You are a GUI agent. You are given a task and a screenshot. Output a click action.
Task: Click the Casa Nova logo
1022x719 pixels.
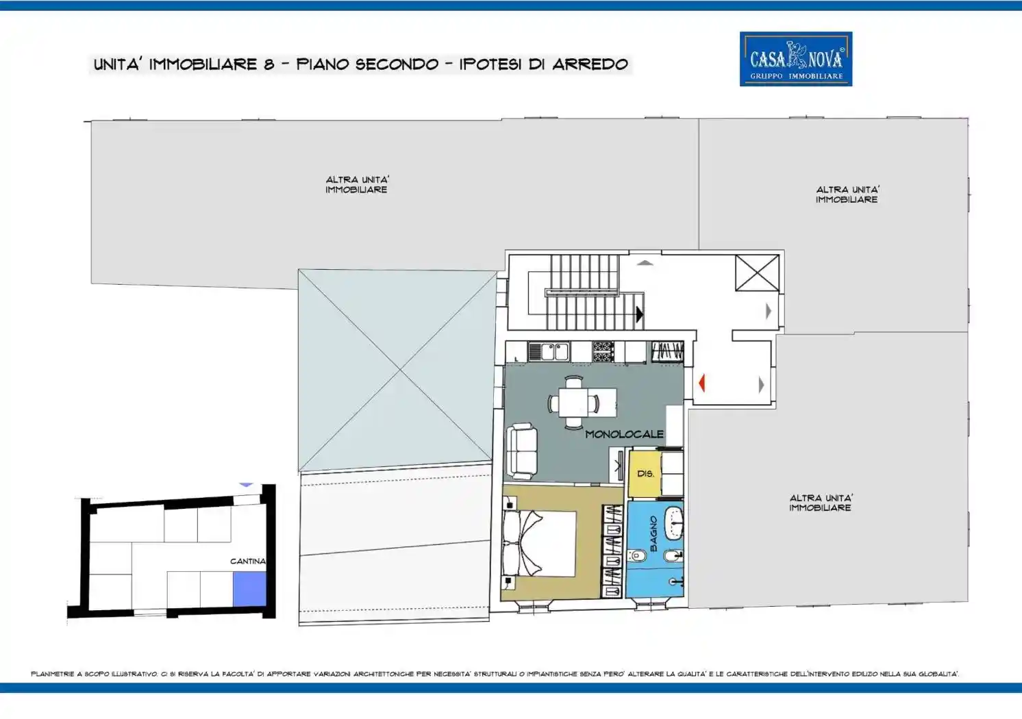click(x=795, y=59)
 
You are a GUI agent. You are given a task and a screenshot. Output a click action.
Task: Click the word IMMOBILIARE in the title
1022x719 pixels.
click(x=203, y=64)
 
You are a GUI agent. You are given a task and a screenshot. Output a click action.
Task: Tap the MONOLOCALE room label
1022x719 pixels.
click(x=624, y=434)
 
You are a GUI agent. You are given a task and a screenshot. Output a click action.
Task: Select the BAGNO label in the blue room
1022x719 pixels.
click(x=653, y=534)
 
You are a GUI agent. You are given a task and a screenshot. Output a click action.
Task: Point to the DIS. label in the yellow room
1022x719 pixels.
click(x=645, y=473)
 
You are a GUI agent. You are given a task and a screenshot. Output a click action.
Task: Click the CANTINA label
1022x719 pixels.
click(x=247, y=561)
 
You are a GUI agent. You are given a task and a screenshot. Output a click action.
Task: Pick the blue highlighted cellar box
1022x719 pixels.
click(x=249, y=589)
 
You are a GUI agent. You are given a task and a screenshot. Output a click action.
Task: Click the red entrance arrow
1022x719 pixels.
click(x=701, y=383)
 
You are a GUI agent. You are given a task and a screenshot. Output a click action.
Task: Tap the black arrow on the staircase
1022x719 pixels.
click(x=639, y=314)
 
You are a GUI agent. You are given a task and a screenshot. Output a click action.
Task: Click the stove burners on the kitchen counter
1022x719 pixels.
click(x=603, y=351)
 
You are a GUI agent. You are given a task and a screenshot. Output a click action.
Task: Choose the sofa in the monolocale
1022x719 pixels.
click(x=521, y=451)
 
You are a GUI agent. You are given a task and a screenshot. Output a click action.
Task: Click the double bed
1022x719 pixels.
click(x=539, y=543)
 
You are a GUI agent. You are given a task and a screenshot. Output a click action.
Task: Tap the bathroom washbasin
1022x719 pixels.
click(x=673, y=522)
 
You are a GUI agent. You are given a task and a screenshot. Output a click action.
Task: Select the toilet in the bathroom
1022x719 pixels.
click(x=638, y=555)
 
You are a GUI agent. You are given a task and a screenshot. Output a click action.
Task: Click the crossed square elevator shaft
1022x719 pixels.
click(x=757, y=273)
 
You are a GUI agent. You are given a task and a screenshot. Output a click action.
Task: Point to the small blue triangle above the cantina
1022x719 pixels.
click(x=246, y=485)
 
